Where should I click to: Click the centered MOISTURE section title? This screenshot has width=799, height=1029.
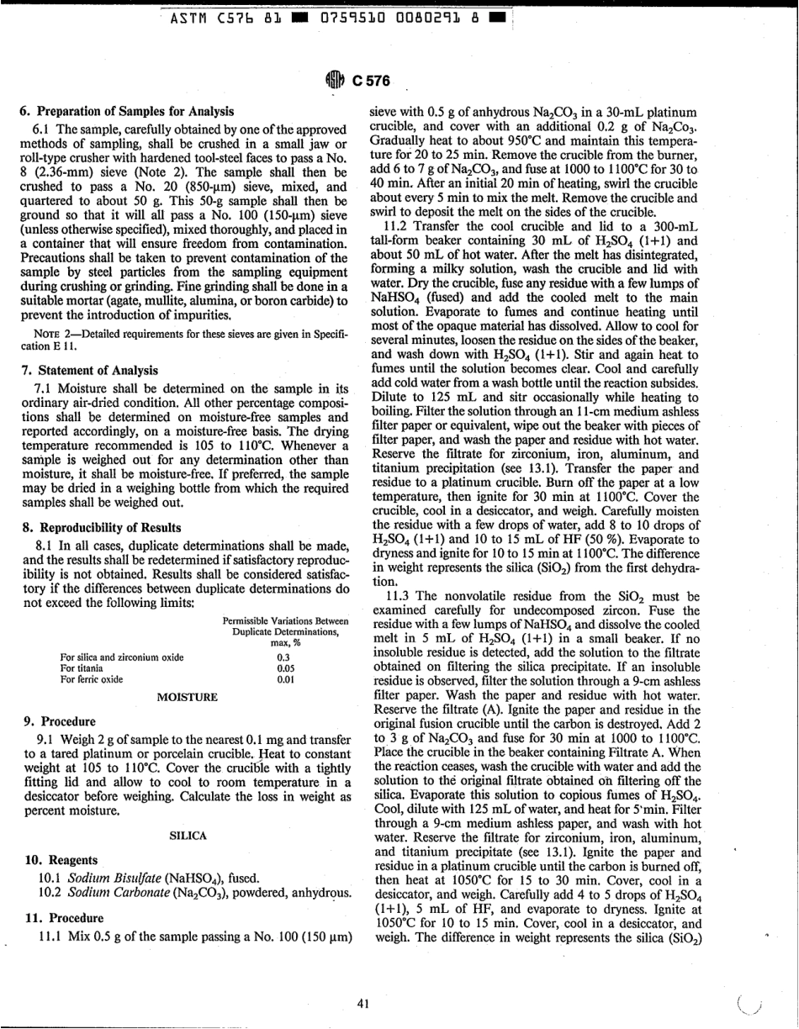(188, 697)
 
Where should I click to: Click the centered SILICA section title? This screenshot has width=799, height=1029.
(188, 836)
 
